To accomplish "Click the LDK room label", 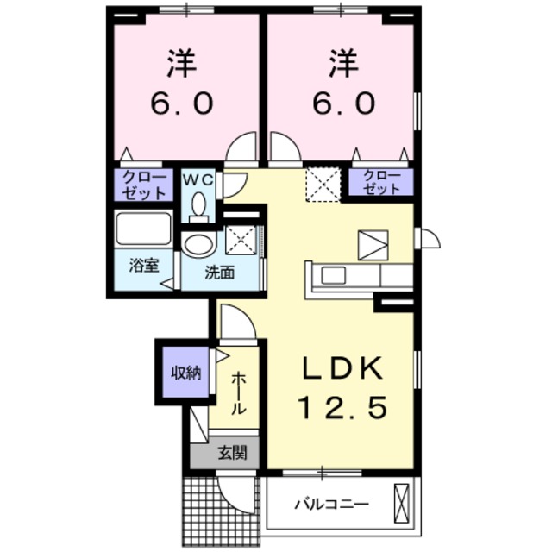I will coord(341,368).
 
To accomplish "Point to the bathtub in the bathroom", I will coord(144,230).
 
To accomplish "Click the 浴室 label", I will coord(143,266).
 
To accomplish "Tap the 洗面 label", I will coord(219,273).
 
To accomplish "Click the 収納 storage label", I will coord(185,373).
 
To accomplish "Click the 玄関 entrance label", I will coord(230,451).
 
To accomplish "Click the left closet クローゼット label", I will coord(144,184).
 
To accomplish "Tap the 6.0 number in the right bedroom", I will coord(341,103).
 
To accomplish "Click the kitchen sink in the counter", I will coord(332,277).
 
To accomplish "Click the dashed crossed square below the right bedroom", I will coord(323,184).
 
